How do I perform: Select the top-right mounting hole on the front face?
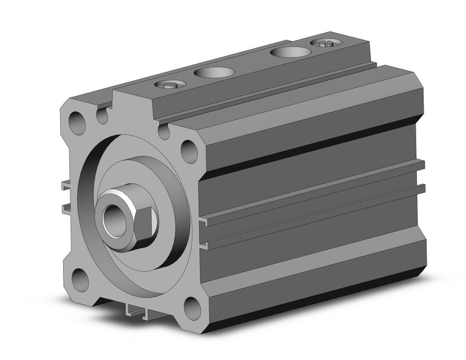(x=189, y=150)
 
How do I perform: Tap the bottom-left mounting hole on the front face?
(x=80, y=280)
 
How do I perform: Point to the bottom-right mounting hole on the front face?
(x=192, y=307)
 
